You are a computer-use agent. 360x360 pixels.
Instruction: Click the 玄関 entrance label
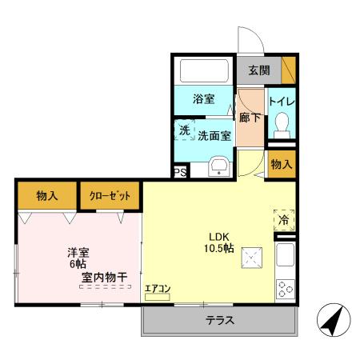coord(258,70)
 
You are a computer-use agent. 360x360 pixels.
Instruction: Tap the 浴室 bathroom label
coord(203,99)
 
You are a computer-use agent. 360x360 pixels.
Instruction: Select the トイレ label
coord(281,102)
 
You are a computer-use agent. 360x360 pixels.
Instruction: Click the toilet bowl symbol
coord(281,123)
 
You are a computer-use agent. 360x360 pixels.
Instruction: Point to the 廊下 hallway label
coord(250,118)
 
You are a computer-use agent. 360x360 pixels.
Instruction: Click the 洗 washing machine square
coord(184,130)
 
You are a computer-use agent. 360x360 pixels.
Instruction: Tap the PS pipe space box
coord(180,172)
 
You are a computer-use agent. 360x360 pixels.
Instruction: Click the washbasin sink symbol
coord(218,167)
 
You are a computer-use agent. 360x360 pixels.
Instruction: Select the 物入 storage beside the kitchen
coord(281,164)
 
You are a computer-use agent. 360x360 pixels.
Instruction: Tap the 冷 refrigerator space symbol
coord(283,218)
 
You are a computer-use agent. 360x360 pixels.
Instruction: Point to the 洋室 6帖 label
coord(78,258)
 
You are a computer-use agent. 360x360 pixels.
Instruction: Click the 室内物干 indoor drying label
coord(104,278)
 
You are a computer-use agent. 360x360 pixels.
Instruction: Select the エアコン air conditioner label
coord(157,288)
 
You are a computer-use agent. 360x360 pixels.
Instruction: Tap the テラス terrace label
coord(219,321)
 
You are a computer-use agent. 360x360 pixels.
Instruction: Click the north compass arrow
coord(333,322)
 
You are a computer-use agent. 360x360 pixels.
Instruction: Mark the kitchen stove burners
coord(284,290)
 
